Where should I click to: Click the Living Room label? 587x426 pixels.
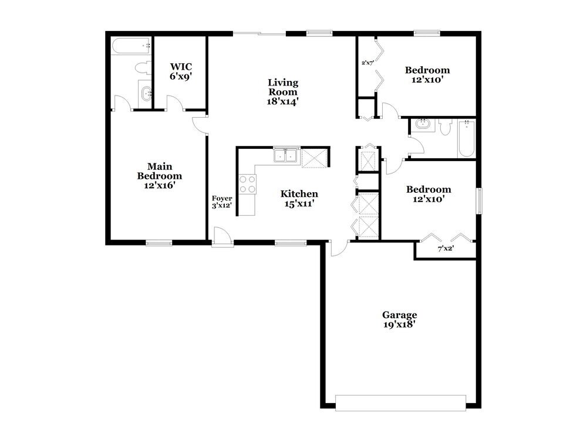click(x=283, y=91)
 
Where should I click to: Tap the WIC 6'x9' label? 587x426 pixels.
click(x=181, y=71)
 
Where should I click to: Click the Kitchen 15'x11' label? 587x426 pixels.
click(x=299, y=199)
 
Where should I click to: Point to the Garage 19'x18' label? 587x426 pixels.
click(x=400, y=319)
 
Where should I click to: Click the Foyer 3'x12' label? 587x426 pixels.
click(x=222, y=202)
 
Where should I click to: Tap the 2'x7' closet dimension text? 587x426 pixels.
click(x=367, y=62)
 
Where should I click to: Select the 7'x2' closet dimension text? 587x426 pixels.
click(x=446, y=248)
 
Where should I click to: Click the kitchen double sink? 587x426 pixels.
click(x=286, y=156)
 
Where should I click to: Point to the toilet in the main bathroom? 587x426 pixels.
click(x=142, y=69)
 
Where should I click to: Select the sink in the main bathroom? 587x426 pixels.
click(x=146, y=92)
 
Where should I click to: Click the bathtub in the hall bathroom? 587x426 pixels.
click(x=466, y=138)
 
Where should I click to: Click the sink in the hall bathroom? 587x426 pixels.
click(x=422, y=125)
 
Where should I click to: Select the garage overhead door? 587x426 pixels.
click(x=400, y=403)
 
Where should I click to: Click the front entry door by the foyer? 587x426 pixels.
click(x=222, y=237)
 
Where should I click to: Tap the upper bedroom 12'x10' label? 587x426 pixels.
click(x=427, y=74)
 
